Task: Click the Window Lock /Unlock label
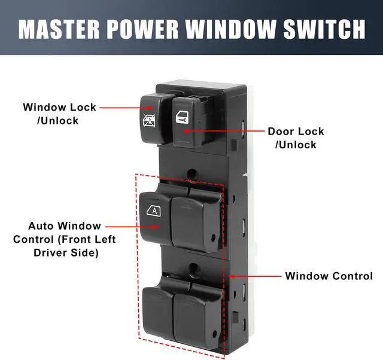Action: point(59,114)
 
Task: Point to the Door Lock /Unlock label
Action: point(296,138)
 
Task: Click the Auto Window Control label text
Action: point(65,240)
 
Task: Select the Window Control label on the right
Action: point(329,276)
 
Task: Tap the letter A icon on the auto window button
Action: point(154,210)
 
